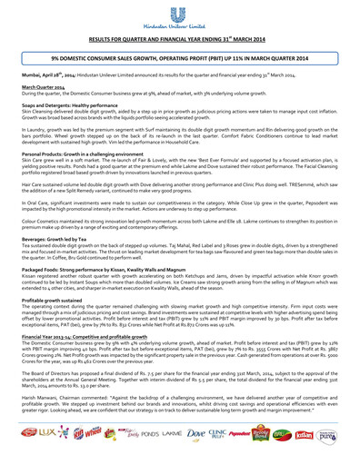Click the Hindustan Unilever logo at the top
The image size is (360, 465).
pos(179,15)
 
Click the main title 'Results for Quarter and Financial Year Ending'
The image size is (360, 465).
pos(179,40)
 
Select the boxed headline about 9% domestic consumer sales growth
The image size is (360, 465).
pos(179,57)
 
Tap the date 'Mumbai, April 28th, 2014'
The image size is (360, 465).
pos(37,71)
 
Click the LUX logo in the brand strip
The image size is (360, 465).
pos(35,449)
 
